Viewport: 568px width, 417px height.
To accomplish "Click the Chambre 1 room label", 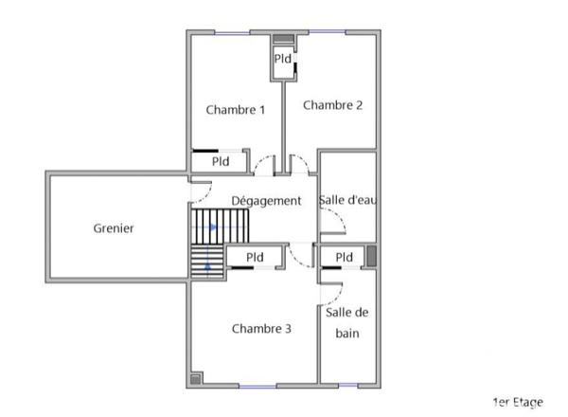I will click(x=235, y=110).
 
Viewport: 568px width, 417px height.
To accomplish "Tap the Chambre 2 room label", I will click(x=332, y=105).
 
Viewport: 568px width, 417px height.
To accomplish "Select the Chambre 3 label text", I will click(x=260, y=329).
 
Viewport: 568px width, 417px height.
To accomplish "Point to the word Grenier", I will click(x=114, y=228).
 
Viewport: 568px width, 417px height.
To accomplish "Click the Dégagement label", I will click(x=267, y=201).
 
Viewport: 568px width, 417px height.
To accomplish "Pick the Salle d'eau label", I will click(x=348, y=200).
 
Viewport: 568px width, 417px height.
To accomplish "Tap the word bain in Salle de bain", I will click(x=347, y=334).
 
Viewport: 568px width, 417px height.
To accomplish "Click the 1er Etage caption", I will click(x=518, y=403).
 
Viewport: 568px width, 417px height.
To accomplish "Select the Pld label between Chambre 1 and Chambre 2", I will click(x=282, y=59).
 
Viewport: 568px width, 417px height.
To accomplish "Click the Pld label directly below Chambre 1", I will click(x=221, y=161).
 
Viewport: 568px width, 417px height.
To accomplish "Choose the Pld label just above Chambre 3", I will click(x=255, y=257).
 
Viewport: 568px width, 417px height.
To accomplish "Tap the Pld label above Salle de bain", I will click(x=344, y=257).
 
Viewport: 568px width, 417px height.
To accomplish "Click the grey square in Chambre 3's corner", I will click(x=196, y=378).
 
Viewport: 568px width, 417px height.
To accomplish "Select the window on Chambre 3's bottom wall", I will click(x=257, y=386).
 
